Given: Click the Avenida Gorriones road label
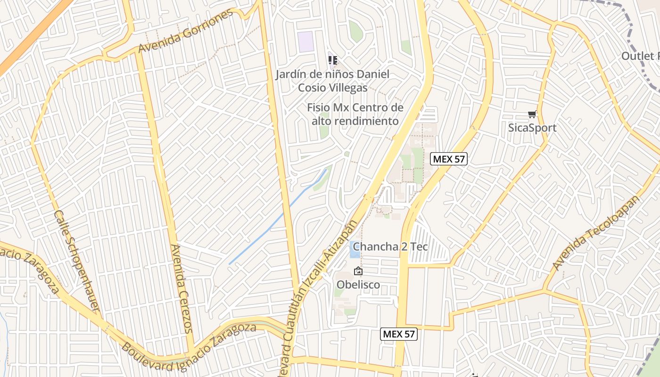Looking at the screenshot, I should coord(186,32).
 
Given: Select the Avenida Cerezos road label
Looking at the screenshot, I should coord(181,288).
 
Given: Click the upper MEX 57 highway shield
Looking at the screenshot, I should coord(449,159).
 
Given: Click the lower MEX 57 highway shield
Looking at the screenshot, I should coord(399,334).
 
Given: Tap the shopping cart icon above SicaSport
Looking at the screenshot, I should coord(532,114).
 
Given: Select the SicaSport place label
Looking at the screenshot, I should coord(532,128).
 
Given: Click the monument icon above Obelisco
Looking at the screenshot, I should coord(358,271).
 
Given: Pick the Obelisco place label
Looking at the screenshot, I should coord(358,285).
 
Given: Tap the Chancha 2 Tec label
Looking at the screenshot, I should coord(390,246).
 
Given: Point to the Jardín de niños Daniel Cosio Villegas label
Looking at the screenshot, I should coord(333,81).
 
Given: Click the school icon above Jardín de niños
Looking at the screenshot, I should coord(333,60).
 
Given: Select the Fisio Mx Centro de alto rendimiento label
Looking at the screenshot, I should coord(355,114).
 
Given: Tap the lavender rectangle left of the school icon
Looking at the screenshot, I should coord(306,42).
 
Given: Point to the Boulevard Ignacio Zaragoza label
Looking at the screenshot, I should coord(189,341).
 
